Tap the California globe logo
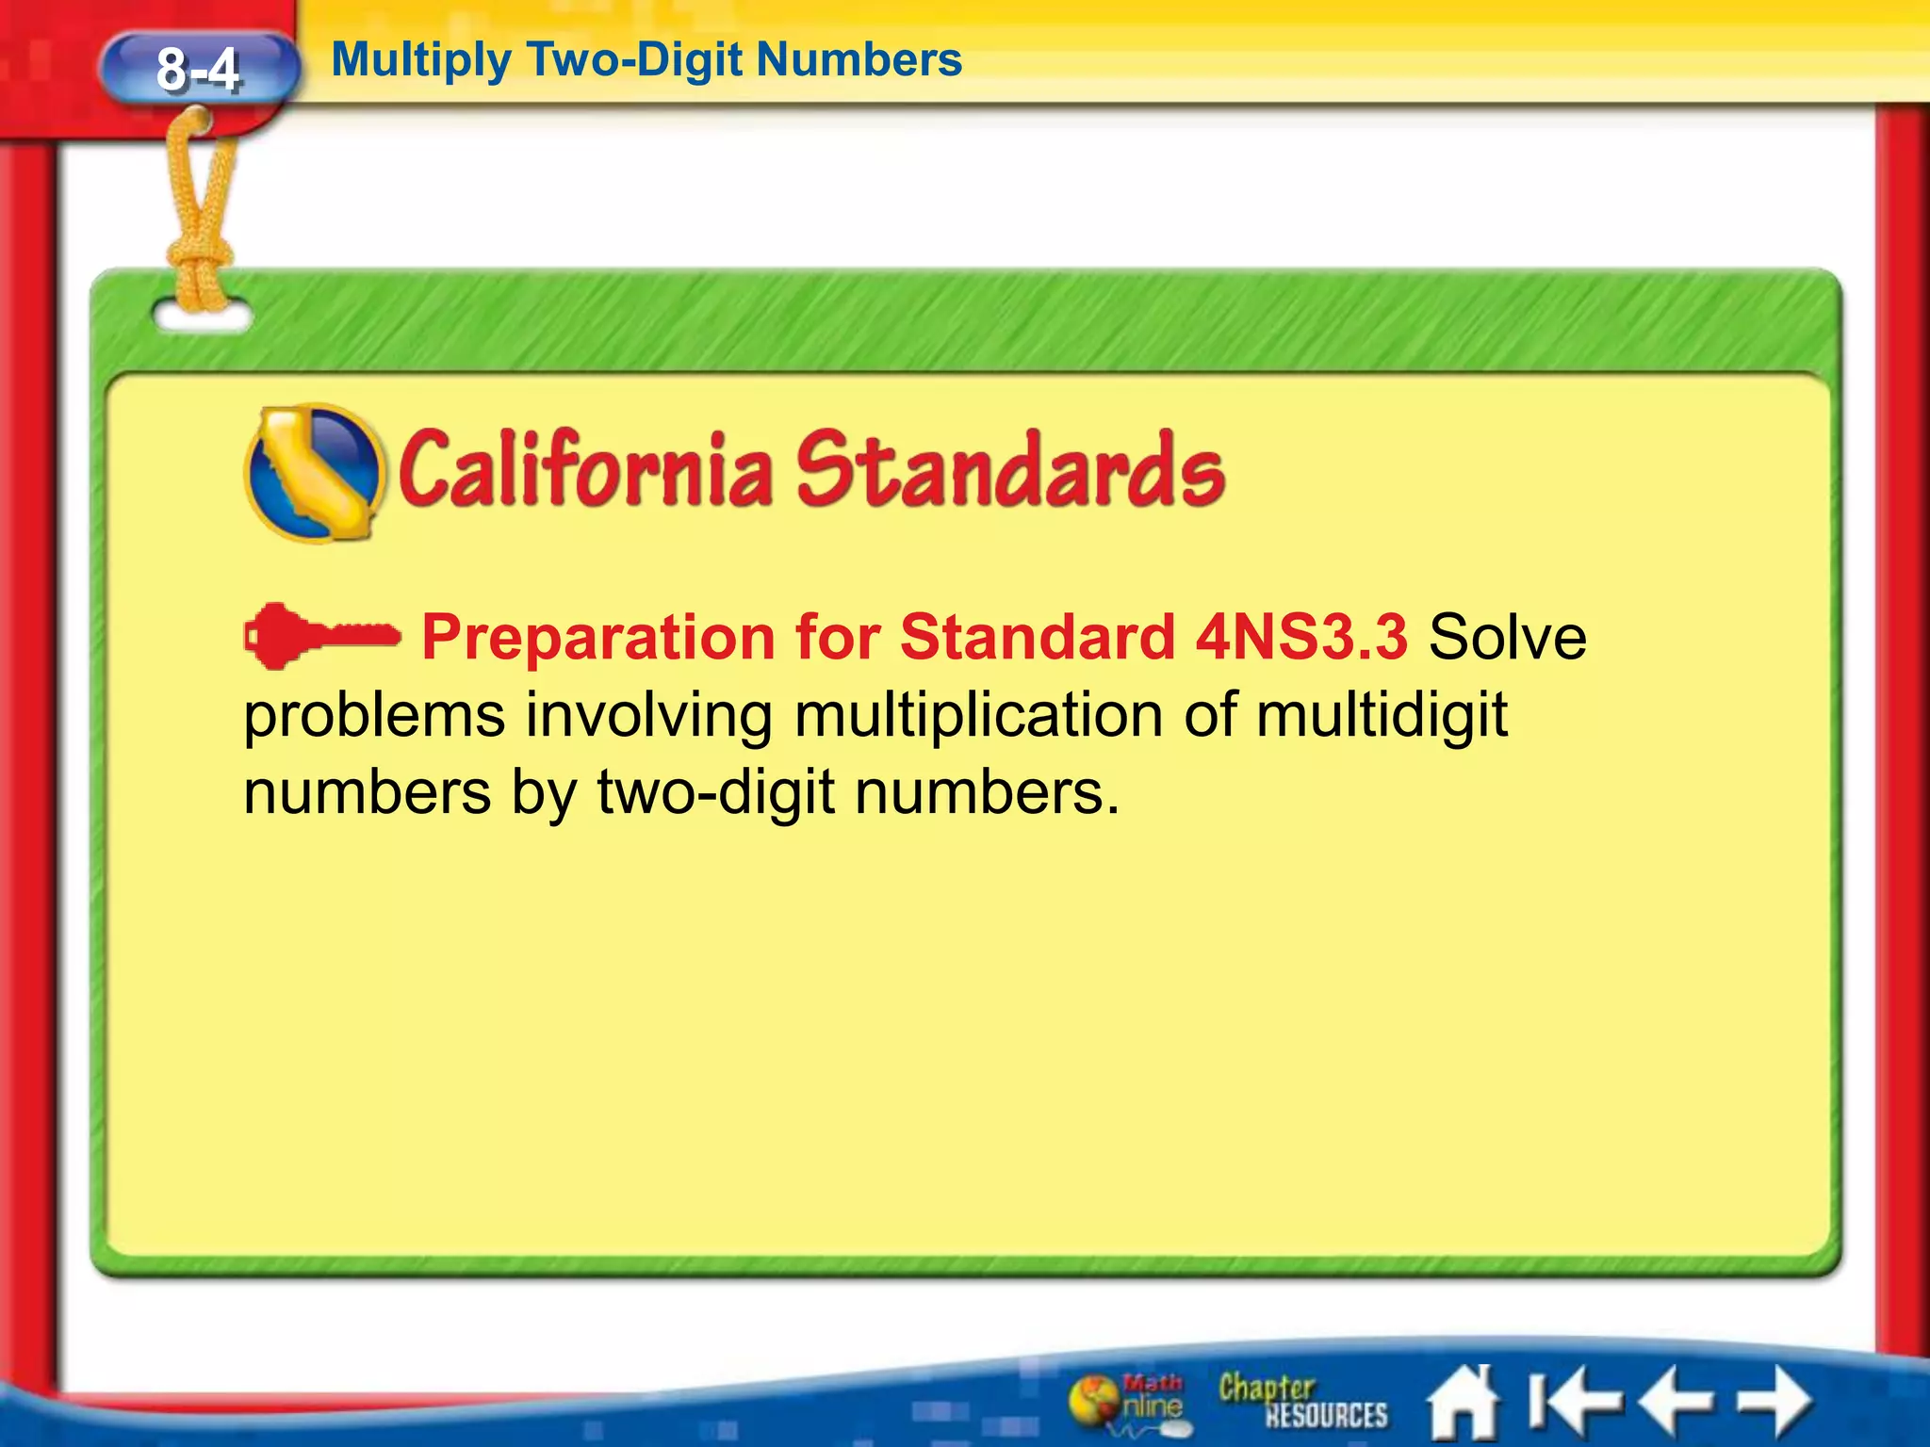[315, 473]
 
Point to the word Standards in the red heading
[1009, 469]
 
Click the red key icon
[321, 637]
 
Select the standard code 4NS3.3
[1301, 637]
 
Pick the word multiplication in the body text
[979, 716]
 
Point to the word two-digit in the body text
[716, 793]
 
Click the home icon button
[1463, 1402]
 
